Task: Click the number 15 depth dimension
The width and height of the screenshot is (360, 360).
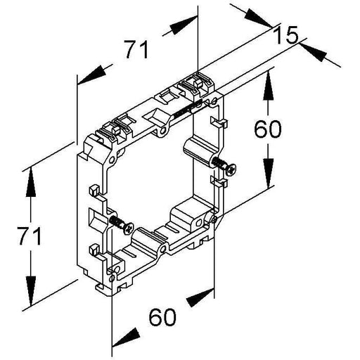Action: pyautogui.click(x=286, y=35)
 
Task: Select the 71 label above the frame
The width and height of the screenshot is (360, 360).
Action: pyautogui.click(x=137, y=50)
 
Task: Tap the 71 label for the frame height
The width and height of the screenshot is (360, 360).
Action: pyautogui.click(x=30, y=236)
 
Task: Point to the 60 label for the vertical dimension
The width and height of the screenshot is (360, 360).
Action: pyautogui.click(x=268, y=129)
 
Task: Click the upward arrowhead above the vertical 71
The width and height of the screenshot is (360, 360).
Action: pyautogui.click(x=31, y=182)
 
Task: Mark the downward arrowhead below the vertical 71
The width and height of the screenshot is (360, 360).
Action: pyautogui.click(x=31, y=291)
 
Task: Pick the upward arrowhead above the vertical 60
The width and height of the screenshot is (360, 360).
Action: pyautogui.click(x=268, y=86)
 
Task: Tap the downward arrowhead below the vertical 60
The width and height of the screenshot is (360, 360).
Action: pyautogui.click(x=268, y=174)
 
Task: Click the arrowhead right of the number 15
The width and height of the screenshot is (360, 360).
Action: pyautogui.click(x=313, y=53)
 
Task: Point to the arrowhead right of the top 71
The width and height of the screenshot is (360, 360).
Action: pyautogui.click(x=184, y=25)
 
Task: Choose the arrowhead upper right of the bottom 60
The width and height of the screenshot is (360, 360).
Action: pyautogui.click(x=200, y=297)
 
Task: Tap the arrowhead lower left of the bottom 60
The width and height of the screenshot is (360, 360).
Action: pyautogui.click(x=126, y=337)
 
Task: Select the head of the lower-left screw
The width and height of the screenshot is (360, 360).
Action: pyautogui.click(x=129, y=228)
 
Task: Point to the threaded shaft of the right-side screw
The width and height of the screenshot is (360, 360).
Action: pyautogui.click(x=219, y=162)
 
